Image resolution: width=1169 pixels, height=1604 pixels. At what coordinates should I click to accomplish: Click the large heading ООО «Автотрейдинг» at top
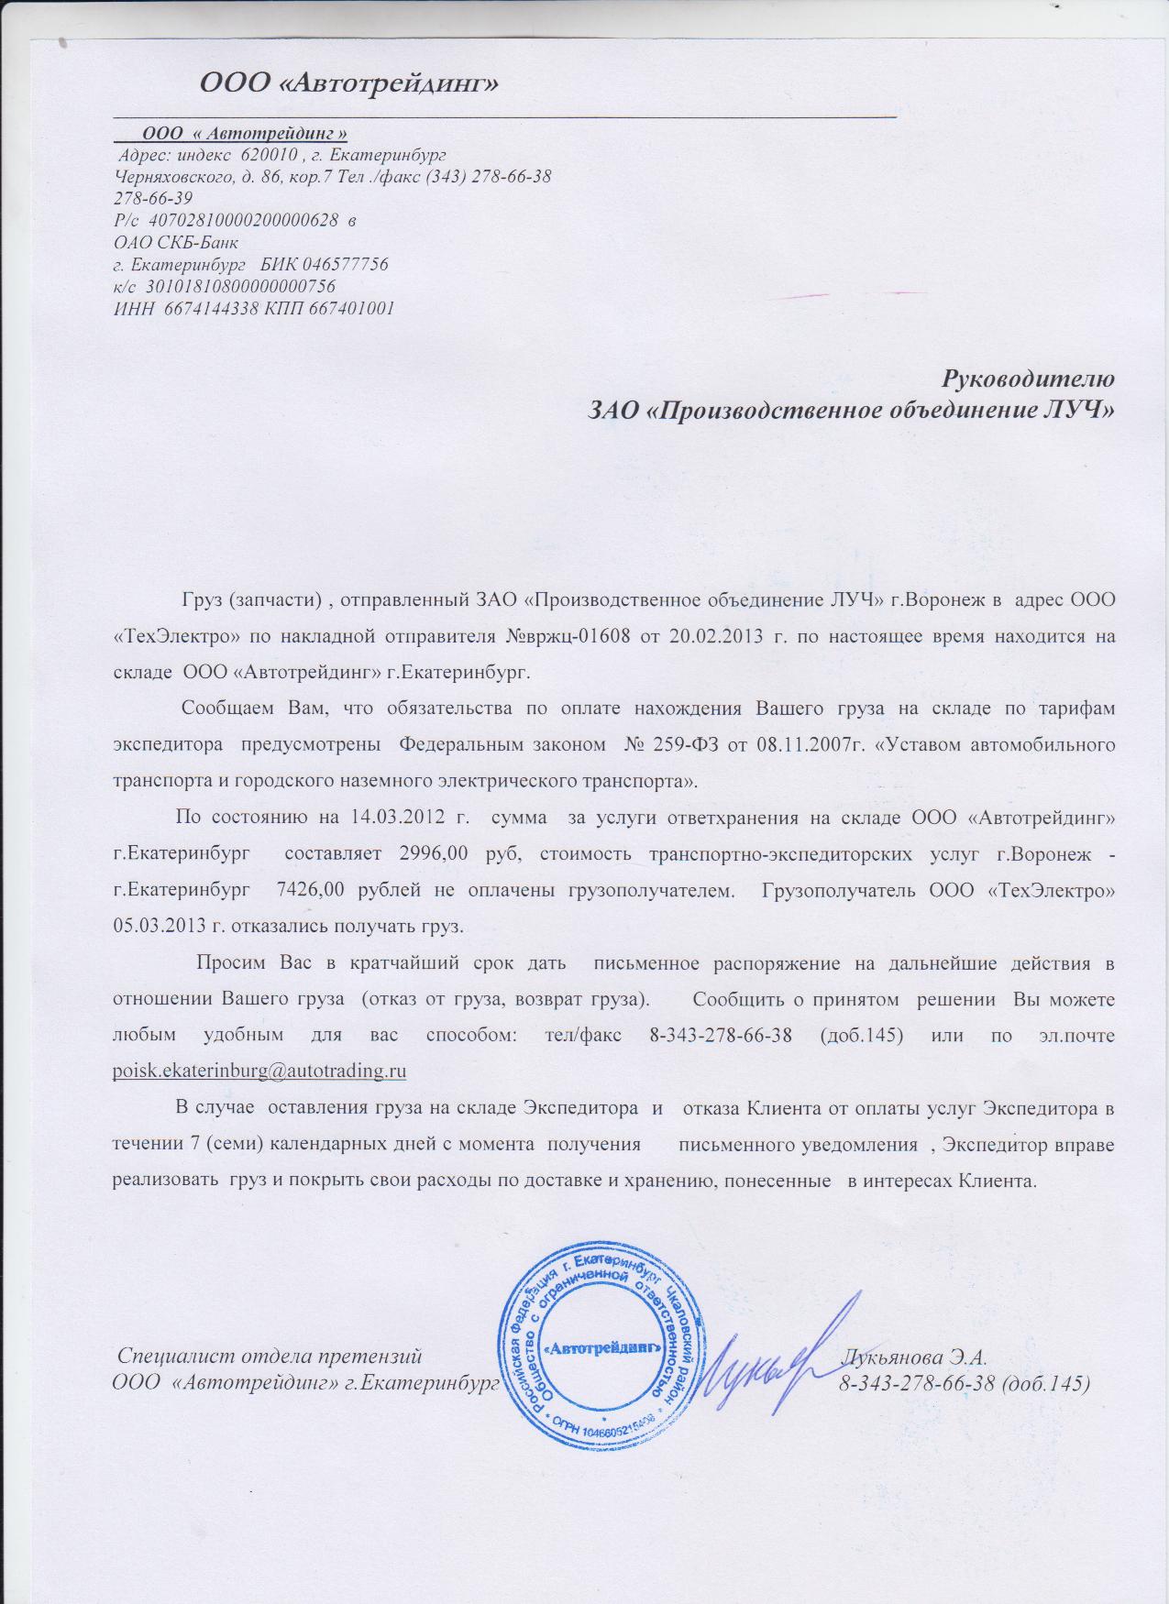[x=349, y=84]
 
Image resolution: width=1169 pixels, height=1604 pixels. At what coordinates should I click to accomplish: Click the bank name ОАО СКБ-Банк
[x=175, y=243]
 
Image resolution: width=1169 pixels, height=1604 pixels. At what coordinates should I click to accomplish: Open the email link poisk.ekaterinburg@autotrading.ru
[x=259, y=1071]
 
